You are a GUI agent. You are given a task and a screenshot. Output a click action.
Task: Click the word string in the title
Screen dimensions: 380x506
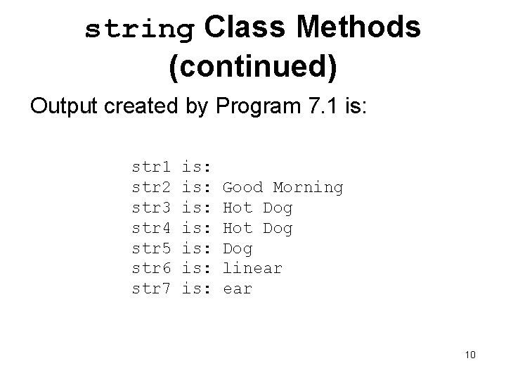[139, 29]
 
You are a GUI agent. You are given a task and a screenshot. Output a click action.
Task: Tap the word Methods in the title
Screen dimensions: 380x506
[358, 27]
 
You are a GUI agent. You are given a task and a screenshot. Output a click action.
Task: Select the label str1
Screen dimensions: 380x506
[152, 167]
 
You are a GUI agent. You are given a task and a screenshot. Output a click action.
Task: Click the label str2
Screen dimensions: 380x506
[152, 187]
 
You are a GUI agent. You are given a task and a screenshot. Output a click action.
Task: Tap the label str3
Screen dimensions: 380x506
[152, 208]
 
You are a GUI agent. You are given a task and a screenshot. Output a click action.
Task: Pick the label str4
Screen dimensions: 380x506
[152, 228]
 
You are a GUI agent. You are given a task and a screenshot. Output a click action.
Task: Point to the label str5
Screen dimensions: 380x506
[152, 248]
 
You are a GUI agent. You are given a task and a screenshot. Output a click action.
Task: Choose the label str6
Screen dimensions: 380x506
[152, 268]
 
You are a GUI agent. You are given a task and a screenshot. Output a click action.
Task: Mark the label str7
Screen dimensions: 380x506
[152, 289]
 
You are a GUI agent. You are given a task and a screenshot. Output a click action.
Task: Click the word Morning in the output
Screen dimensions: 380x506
[308, 188]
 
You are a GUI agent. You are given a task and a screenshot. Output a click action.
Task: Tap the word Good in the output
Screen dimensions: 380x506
[242, 187]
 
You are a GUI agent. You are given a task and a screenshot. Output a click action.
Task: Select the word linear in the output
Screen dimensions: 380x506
[252, 268]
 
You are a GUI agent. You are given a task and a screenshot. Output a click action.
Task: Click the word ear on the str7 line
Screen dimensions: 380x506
[237, 289]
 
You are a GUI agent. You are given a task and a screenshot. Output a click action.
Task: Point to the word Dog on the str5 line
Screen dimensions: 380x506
[237, 249]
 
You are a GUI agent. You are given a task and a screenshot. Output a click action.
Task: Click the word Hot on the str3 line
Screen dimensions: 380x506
[237, 208]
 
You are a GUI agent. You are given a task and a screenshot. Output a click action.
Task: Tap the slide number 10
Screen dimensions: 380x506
[470, 354]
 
